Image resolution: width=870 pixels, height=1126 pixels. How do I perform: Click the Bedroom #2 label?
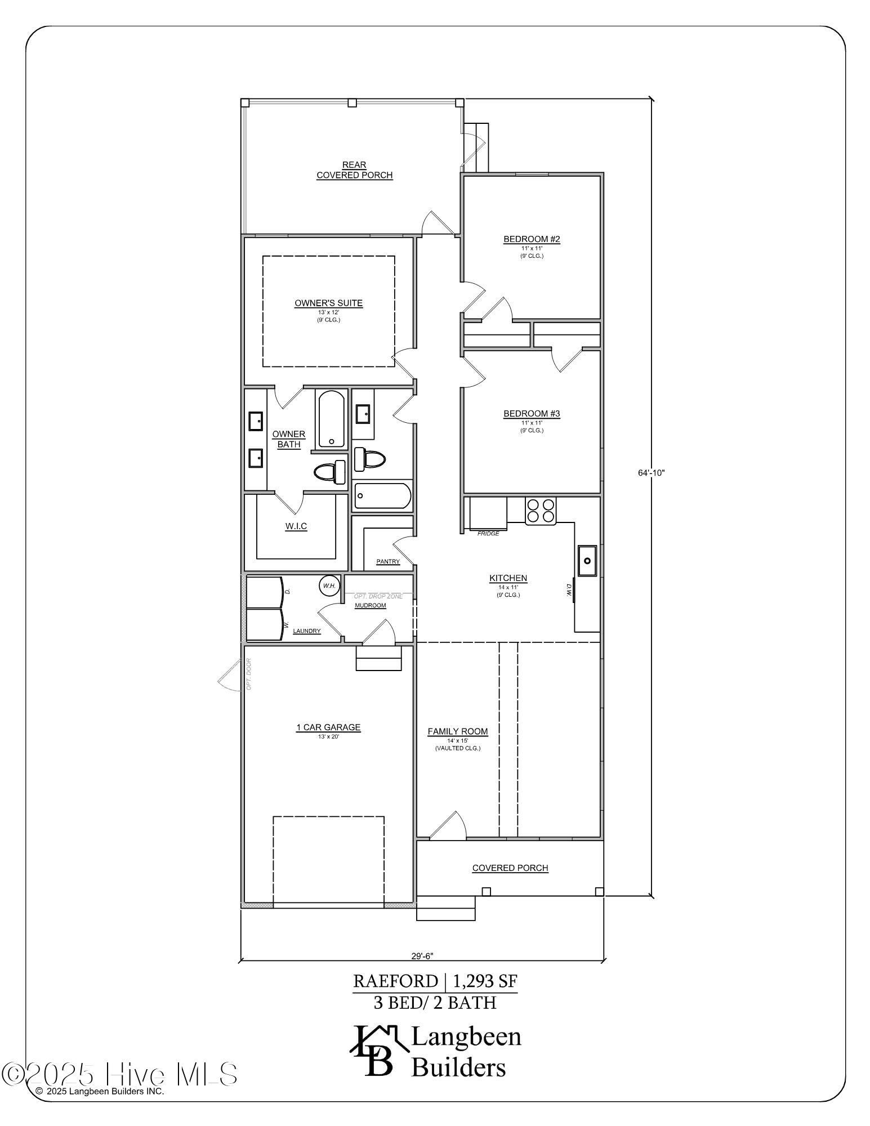532,240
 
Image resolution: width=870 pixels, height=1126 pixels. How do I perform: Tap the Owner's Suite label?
328,303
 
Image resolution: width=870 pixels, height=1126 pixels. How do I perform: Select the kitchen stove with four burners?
541,511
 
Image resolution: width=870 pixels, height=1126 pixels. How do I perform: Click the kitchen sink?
587,561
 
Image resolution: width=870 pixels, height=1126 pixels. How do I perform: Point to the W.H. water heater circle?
329,586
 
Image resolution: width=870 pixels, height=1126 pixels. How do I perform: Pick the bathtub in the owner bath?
331,419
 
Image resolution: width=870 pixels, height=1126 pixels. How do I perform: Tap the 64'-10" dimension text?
652,473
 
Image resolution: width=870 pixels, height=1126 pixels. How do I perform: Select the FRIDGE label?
488,533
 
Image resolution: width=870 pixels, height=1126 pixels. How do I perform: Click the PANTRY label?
388,561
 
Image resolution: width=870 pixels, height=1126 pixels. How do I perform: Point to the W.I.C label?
296,526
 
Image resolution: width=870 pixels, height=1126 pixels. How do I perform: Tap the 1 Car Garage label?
328,727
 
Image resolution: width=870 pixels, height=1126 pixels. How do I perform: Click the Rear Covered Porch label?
354,170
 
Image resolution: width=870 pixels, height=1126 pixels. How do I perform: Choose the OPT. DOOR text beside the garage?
248,674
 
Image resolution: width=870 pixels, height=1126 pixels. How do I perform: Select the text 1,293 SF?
484,981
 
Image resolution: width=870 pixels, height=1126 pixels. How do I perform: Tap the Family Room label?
457,731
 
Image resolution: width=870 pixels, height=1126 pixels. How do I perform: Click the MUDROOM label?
370,605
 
